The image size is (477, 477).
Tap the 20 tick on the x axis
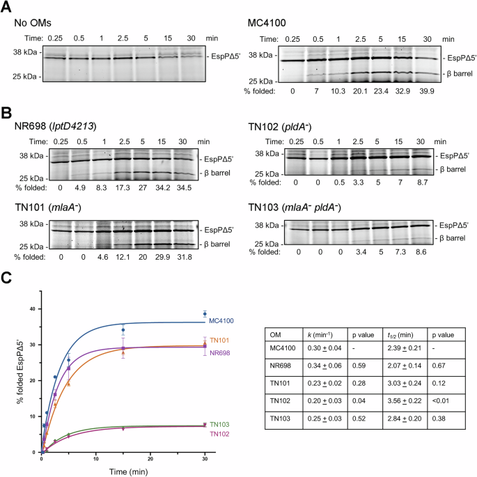(151, 460)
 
